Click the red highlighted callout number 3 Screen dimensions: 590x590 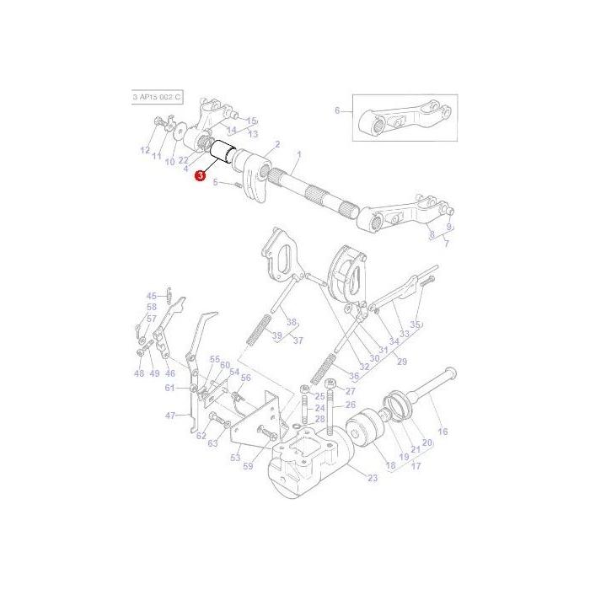click(x=200, y=175)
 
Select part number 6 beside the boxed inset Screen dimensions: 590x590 click(x=337, y=110)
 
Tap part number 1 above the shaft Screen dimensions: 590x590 click(x=298, y=154)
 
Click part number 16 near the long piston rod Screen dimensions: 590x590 click(x=442, y=432)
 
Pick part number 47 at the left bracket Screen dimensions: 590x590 click(x=170, y=416)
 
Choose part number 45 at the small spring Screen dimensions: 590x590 click(x=152, y=296)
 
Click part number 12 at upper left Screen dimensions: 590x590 click(x=144, y=151)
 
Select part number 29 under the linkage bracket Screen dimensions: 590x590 click(x=401, y=362)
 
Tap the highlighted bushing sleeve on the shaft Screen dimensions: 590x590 click(x=225, y=154)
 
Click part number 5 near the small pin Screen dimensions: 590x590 click(x=216, y=182)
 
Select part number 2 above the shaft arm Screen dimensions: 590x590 click(x=277, y=145)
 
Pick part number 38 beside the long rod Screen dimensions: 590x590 click(x=292, y=323)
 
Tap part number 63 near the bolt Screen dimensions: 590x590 click(x=212, y=442)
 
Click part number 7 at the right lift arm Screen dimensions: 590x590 click(x=447, y=244)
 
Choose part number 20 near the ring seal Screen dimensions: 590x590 click(x=426, y=442)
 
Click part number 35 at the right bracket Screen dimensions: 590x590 click(x=414, y=324)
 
